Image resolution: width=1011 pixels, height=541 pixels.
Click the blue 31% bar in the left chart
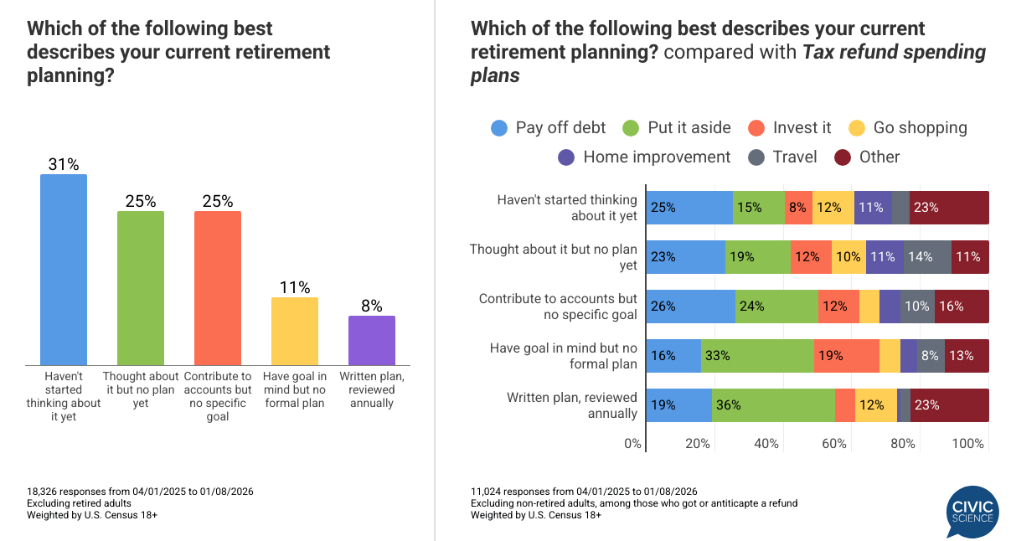[x=64, y=269]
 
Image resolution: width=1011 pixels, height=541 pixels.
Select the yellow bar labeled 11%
[x=295, y=331]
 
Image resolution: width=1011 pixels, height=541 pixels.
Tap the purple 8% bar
[x=371, y=340]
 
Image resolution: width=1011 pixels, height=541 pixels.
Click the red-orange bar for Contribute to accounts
[x=218, y=287]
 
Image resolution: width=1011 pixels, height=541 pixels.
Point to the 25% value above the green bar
[x=141, y=201]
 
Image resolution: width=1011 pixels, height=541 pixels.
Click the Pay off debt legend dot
[x=499, y=128]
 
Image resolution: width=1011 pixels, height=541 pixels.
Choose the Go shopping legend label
[x=920, y=127]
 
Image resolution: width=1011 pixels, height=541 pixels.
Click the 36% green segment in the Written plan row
[x=773, y=405]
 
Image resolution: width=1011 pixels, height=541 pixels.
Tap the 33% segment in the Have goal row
[x=757, y=356]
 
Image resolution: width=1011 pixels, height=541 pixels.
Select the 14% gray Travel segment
[x=927, y=257]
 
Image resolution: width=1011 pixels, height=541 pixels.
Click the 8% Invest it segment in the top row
[x=799, y=208]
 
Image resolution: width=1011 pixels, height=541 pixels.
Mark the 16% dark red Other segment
[x=962, y=307]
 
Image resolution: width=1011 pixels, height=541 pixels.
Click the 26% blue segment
[x=690, y=307]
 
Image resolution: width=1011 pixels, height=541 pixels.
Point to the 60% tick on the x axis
[x=834, y=444]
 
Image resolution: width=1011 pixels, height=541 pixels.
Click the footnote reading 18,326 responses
[x=111, y=491]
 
